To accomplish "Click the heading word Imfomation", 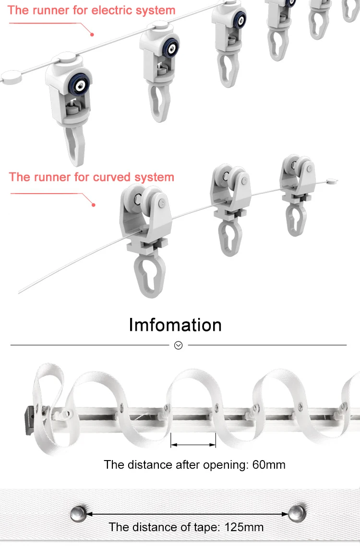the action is click(175, 325).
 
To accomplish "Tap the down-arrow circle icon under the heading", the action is click(179, 345).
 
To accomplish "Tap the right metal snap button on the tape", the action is click(297, 513).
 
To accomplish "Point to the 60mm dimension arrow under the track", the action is click(193, 445).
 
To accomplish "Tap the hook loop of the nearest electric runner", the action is click(73, 145).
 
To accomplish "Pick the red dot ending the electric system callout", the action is click(92, 34).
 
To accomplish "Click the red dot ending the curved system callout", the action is click(94, 205).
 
